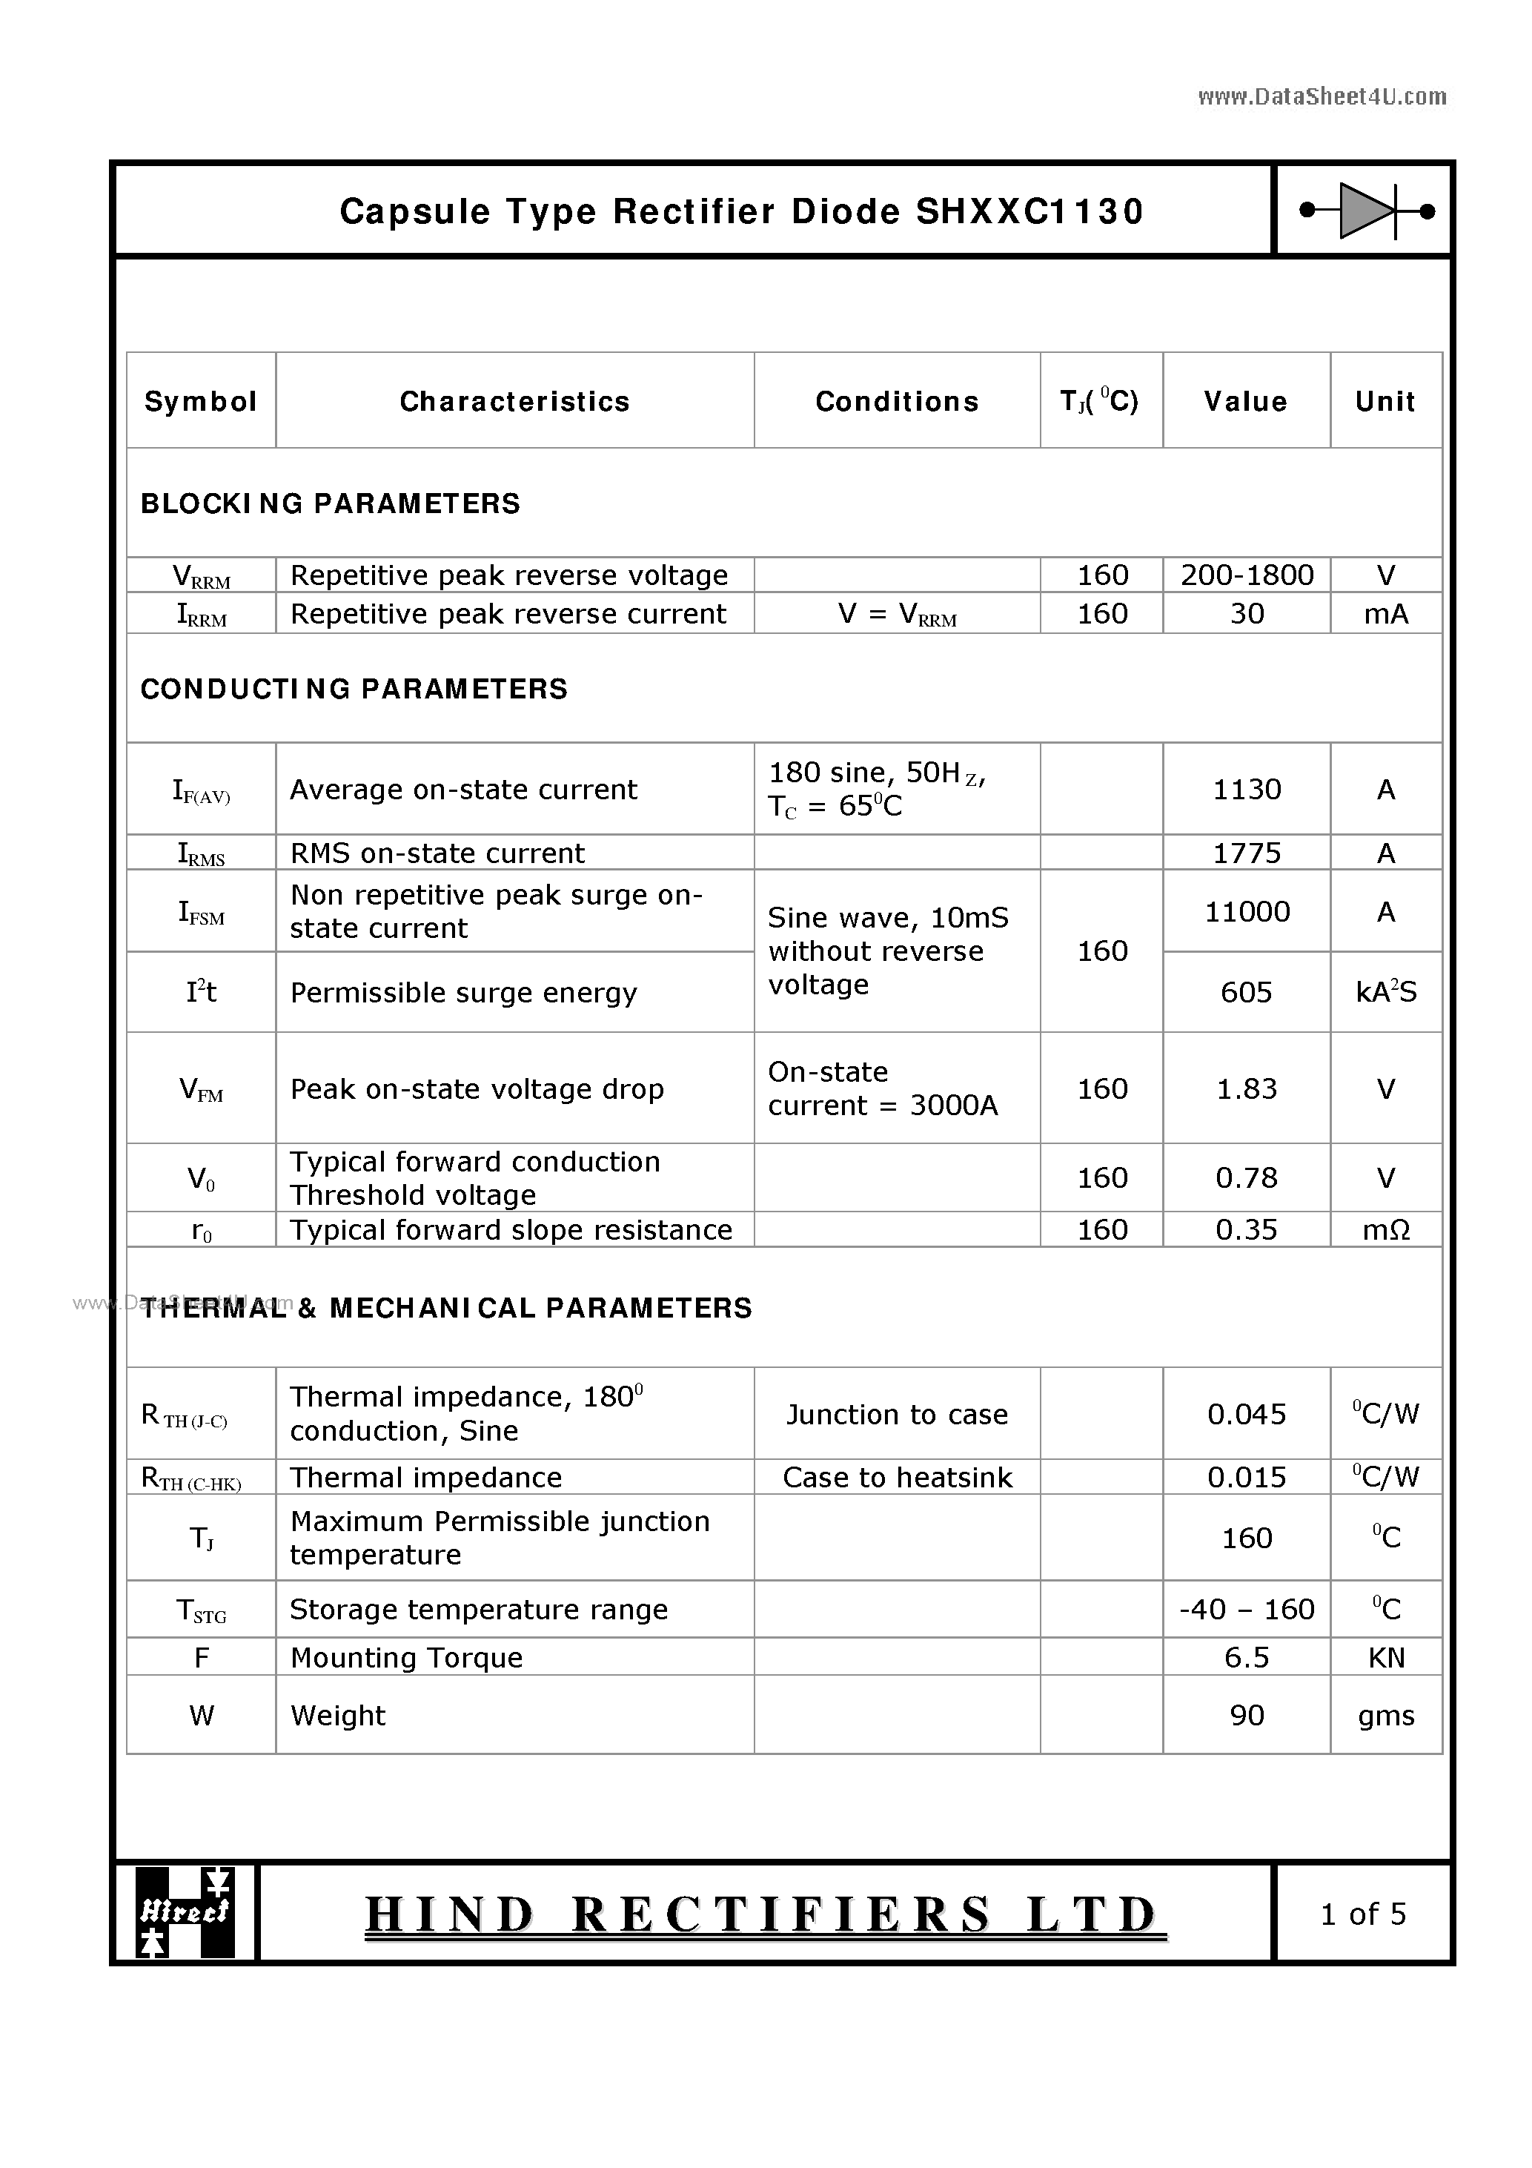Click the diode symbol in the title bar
(1366, 211)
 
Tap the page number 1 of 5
(1363, 1913)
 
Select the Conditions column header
(897, 401)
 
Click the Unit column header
(1385, 401)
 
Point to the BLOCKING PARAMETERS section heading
(331, 503)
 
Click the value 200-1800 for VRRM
(1246, 575)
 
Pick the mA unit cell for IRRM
(1385, 614)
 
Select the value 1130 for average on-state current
(1246, 790)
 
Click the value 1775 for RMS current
(1246, 853)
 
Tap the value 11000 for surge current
(1246, 911)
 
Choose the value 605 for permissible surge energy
(1246, 991)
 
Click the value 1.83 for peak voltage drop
(1246, 1088)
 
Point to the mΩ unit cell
(1385, 1229)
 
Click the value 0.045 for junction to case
(1246, 1413)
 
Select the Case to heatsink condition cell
(897, 1477)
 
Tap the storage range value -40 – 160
(1246, 1609)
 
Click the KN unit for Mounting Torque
(1385, 1658)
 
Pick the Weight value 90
(1246, 1715)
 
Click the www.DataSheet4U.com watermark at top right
(1322, 96)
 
